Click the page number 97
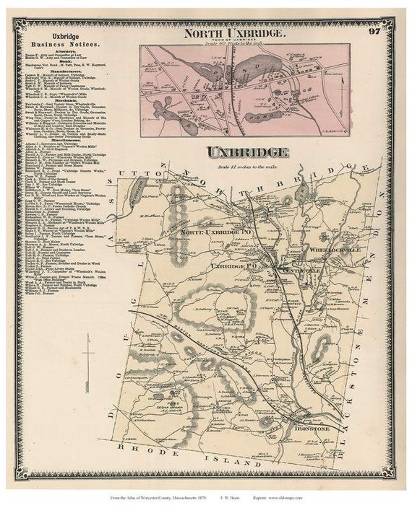(x=374, y=30)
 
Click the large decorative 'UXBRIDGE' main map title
(x=248, y=152)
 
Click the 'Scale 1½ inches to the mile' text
(x=248, y=167)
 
